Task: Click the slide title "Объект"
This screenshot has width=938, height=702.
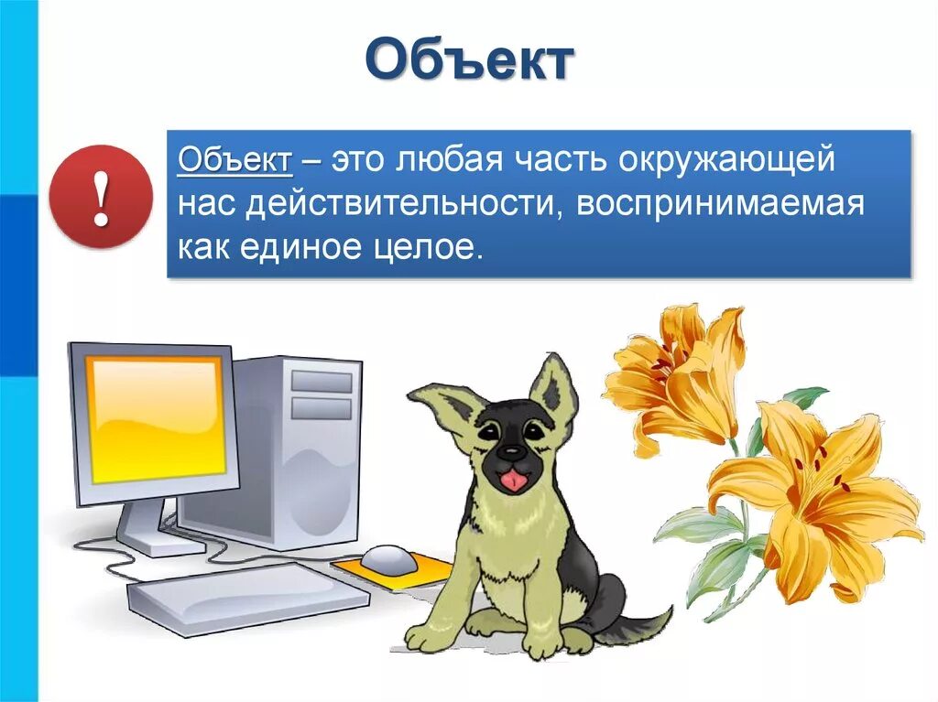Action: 469,62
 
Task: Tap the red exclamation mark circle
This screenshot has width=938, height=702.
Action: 101,197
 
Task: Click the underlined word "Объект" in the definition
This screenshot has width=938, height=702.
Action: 235,161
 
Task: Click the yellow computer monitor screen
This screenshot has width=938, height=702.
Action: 155,417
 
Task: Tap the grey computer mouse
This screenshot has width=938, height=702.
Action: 388,557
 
